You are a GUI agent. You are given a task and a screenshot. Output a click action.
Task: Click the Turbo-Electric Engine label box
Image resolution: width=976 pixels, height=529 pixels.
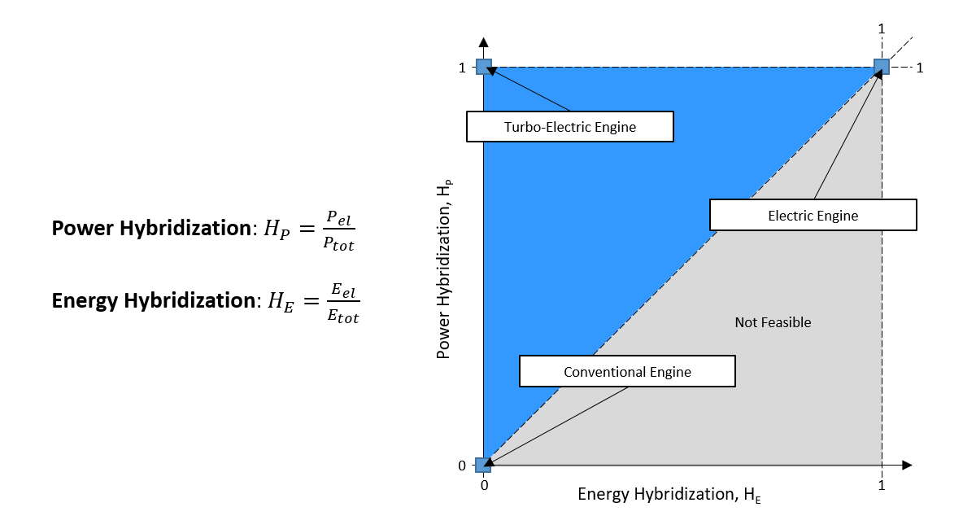[x=569, y=126]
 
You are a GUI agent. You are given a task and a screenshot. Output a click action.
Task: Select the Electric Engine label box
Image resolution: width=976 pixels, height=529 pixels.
[x=813, y=216]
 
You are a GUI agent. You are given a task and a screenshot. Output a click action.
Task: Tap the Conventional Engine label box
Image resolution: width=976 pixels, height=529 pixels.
[x=626, y=372]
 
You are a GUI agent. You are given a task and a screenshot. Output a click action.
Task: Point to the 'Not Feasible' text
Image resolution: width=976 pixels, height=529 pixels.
[x=773, y=322]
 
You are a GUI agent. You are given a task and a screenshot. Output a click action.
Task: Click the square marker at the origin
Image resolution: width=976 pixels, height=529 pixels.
[x=484, y=465]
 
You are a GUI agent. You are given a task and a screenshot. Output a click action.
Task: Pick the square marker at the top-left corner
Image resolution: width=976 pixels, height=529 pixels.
[x=484, y=68]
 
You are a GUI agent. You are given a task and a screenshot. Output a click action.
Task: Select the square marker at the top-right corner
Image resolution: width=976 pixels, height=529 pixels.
[x=881, y=68]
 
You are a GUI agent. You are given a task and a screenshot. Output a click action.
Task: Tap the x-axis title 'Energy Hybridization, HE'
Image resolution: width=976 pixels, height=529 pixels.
[x=669, y=495]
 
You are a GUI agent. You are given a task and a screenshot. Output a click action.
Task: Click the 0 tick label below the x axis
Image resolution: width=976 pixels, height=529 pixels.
[x=484, y=486]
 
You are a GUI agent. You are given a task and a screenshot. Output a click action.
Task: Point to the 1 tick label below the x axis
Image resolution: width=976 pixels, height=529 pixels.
[x=881, y=486]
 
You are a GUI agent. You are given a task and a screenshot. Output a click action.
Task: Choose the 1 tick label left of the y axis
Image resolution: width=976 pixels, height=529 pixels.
[x=462, y=68]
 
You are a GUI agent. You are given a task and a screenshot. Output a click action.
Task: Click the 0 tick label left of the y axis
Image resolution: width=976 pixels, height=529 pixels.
[x=462, y=466]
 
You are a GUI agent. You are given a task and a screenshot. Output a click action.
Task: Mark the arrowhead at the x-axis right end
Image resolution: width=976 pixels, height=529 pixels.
[x=907, y=465]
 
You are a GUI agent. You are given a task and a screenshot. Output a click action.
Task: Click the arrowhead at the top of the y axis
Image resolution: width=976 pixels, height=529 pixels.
[x=484, y=42]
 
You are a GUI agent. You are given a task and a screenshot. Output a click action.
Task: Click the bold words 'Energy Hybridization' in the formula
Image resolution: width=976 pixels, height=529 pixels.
[x=152, y=300]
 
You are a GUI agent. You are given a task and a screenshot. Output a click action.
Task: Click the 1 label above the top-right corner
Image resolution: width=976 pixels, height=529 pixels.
[x=881, y=29]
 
